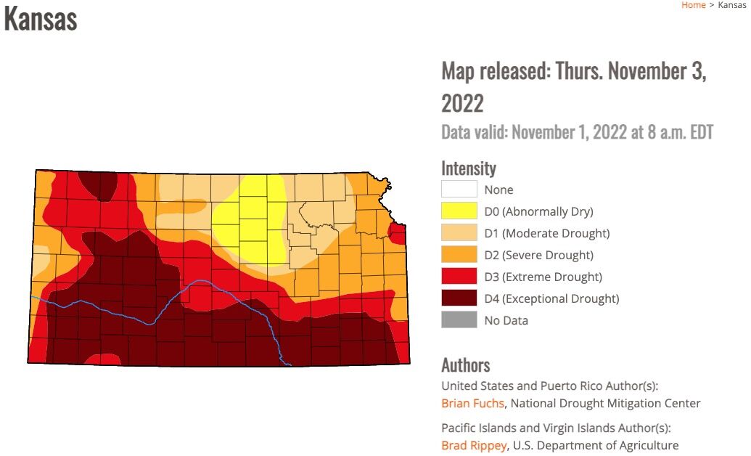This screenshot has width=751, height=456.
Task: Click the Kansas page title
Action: [41, 19]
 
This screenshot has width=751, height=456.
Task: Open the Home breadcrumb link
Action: [693, 5]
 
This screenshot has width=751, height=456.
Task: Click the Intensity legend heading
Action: [468, 168]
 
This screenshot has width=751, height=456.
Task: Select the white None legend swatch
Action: [459, 190]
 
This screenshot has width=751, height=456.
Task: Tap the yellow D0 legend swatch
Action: [459, 211]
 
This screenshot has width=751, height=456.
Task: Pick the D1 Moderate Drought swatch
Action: [459, 233]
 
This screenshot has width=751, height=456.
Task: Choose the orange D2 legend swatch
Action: [459, 255]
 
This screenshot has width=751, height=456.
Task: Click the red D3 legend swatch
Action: [459, 277]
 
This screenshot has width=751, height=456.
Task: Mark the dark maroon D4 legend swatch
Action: [459, 298]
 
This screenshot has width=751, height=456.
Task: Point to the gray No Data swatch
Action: [459, 320]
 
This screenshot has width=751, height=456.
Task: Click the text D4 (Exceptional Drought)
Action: [551, 298]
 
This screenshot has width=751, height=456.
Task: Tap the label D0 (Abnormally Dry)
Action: [538, 211]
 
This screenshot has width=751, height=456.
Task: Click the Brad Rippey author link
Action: [473, 445]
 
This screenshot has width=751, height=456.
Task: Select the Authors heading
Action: [465, 365]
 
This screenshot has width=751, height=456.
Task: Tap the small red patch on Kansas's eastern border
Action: [398, 233]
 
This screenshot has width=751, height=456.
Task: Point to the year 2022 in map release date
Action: [462, 103]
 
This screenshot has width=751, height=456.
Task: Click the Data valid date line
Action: [577, 132]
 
